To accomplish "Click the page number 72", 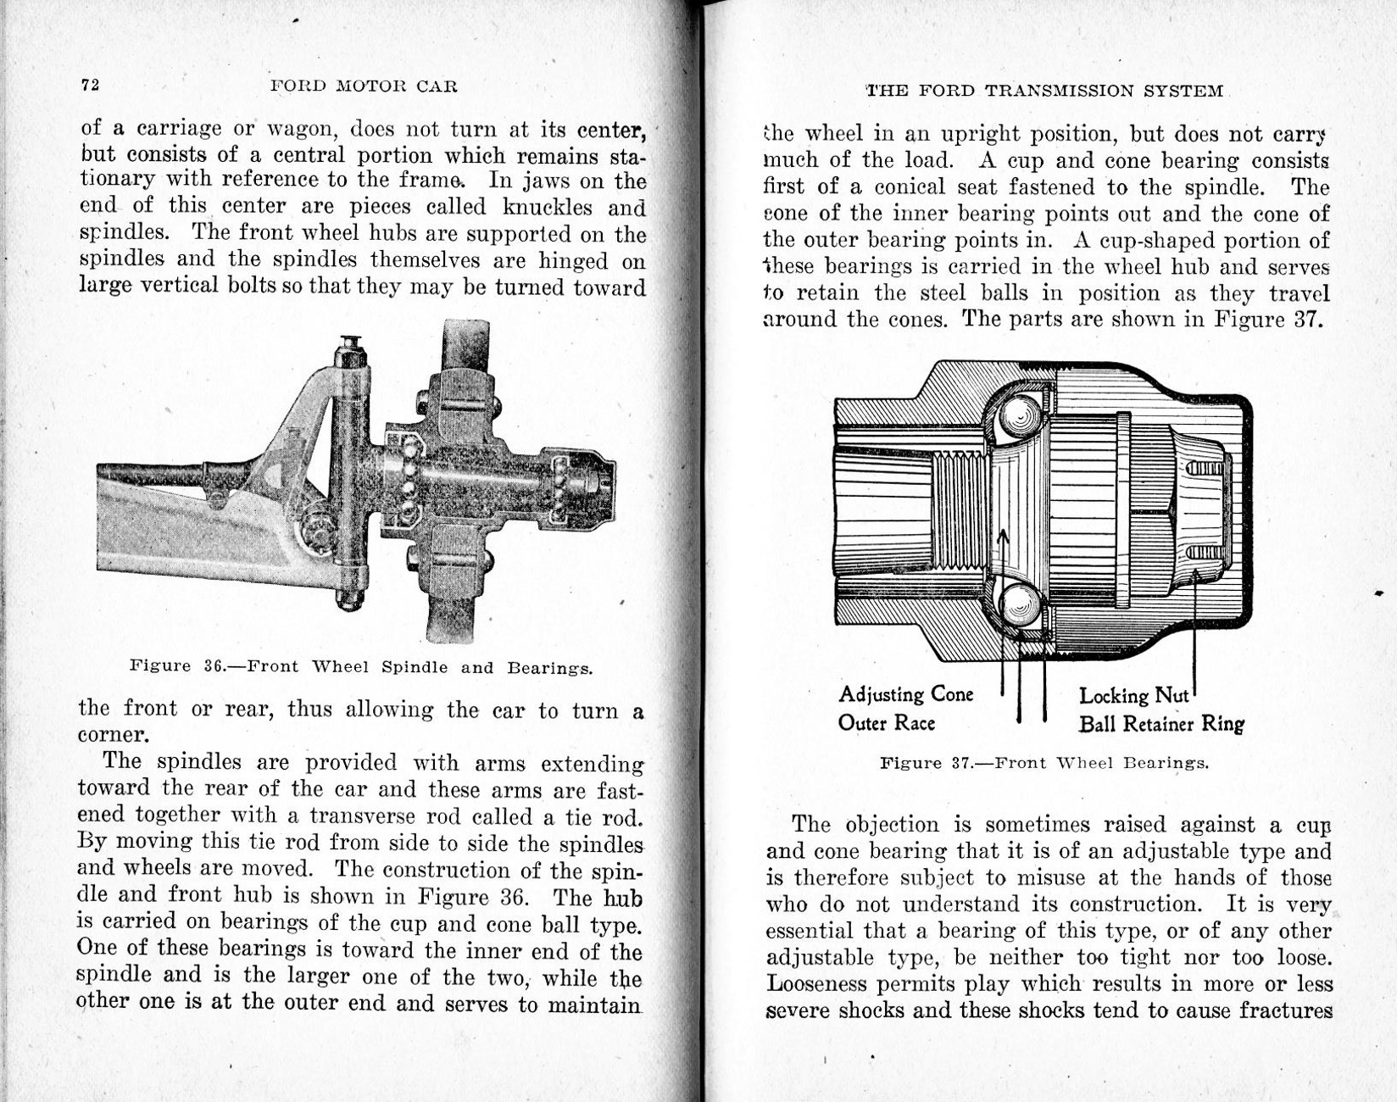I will click(x=91, y=85).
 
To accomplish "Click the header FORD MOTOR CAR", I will click(x=364, y=86).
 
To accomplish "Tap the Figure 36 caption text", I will click(x=361, y=667).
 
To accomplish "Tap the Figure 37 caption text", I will click(x=1044, y=763).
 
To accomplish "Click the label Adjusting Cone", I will click(x=905, y=694).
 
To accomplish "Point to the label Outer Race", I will click(x=886, y=723).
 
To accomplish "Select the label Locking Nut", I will click(x=1133, y=696).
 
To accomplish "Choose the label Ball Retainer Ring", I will click(x=1160, y=724).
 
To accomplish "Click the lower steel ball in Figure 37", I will click(x=1019, y=604).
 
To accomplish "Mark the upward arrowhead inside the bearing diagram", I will click(x=1003, y=537).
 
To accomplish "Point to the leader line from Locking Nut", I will click(x=1194, y=636).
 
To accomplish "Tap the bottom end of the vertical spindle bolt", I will click(x=349, y=599).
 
